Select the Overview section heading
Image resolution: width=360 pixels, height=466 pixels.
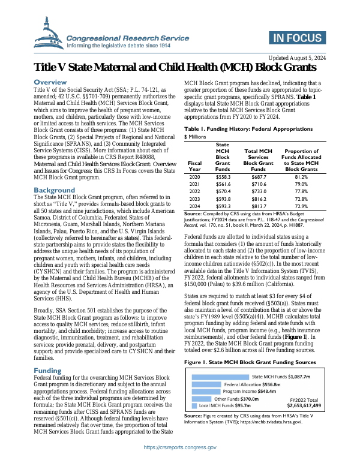[54, 82]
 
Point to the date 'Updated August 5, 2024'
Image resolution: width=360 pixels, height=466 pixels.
[296, 58]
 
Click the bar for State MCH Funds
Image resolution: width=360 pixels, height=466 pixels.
[220, 377]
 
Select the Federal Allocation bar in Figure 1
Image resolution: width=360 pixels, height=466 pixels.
[206, 384]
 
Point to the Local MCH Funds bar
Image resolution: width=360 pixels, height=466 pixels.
[194, 405]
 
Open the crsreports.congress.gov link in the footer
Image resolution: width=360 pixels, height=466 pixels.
[180, 447]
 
